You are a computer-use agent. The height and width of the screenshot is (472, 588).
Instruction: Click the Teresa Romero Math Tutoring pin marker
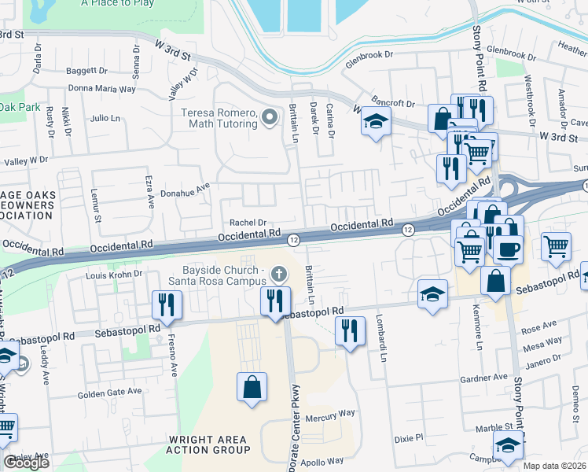[270, 118]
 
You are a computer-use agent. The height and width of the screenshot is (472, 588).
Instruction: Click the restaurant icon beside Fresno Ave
[167, 303]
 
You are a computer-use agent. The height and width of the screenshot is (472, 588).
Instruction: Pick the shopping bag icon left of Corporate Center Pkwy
[252, 387]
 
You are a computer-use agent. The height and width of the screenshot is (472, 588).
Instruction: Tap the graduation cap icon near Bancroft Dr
[376, 122]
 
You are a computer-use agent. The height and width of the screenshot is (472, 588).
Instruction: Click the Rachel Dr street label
[248, 223]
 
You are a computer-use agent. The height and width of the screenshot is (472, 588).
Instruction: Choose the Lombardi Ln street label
[383, 345]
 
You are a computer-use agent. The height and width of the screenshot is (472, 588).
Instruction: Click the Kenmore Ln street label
[478, 334]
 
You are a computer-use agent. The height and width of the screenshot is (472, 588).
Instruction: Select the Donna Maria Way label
[104, 89]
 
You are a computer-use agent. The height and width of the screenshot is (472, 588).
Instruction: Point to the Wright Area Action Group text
[208, 444]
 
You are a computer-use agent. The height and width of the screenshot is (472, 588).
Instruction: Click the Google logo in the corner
[26, 463]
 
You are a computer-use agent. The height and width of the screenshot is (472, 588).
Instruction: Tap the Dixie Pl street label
[409, 436]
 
